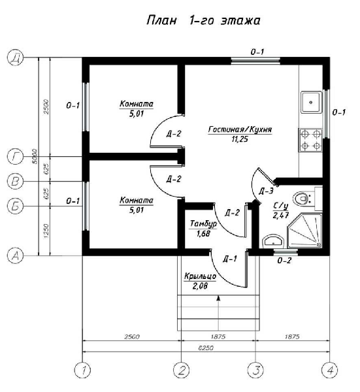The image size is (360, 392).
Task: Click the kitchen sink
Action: [x=311, y=103]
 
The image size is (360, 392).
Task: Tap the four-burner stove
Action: [x=310, y=140]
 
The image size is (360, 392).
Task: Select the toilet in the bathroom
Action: [x=304, y=199]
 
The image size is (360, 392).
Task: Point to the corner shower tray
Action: [x=304, y=231]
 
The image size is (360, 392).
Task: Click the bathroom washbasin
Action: [x=273, y=242]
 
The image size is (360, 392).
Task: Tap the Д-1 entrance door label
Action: [x=230, y=259]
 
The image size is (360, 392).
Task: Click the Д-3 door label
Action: [x=266, y=191]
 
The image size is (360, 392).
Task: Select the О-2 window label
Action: [x=284, y=261]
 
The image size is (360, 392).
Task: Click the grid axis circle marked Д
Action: [x=16, y=57]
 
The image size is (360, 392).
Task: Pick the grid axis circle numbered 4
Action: [x=329, y=370]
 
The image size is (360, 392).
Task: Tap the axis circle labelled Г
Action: [x=16, y=157]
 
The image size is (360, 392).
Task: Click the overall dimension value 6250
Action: [x=206, y=348]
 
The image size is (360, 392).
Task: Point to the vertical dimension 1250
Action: [x=46, y=231]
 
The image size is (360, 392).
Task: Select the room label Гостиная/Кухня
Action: [x=240, y=129]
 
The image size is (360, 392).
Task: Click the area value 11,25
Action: [x=240, y=139]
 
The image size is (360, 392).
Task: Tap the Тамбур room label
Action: [x=203, y=223]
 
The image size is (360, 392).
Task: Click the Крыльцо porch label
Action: [x=200, y=276]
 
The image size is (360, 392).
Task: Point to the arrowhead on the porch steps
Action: [x=218, y=298]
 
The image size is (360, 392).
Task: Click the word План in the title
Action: [x=161, y=20]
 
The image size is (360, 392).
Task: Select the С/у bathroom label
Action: [x=281, y=206]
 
